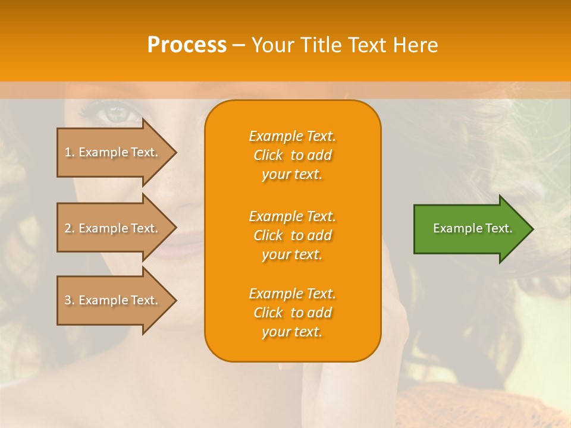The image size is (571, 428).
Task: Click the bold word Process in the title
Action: point(187,45)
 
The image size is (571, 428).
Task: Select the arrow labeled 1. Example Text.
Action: point(113,152)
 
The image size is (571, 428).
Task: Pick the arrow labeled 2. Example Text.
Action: point(113,228)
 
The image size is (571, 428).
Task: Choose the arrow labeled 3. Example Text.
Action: point(113,300)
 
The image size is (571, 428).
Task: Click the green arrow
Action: point(470,229)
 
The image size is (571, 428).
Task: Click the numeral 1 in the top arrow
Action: point(68,152)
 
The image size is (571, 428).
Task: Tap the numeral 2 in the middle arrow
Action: point(68,228)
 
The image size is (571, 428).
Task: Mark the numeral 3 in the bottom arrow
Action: point(68,300)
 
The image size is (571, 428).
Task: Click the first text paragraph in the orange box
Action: point(292,155)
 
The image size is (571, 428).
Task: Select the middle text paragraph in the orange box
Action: point(292,235)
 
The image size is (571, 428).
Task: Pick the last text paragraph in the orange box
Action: point(292,313)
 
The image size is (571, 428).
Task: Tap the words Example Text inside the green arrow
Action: point(472,228)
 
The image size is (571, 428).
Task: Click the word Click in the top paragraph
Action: point(268,155)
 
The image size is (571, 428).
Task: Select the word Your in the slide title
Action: point(271,45)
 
